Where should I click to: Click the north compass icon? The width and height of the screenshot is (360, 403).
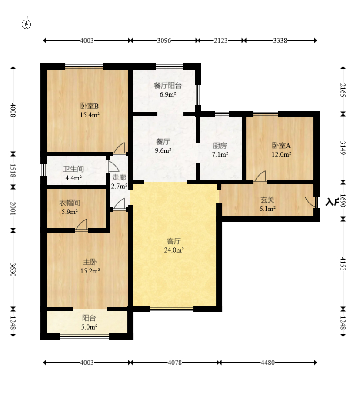pyautogui.click(x=26, y=24)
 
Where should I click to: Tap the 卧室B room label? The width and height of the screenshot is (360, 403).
pyautogui.click(x=90, y=106)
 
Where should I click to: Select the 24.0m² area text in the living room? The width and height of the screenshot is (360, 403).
pyautogui.click(x=174, y=250)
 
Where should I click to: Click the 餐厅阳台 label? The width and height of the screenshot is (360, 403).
pyautogui.click(x=167, y=85)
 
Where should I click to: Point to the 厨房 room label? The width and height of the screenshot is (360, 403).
pyautogui.click(x=220, y=146)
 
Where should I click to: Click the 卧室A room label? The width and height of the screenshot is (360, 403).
pyautogui.click(x=281, y=146)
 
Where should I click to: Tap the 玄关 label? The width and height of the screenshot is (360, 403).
pyautogui.click(x=267, y=200)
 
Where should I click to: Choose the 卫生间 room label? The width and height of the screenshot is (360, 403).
pyautogui.click(x=73, y=169)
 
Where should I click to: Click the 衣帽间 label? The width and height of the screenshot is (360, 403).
pyautogui.click(x=70, y=203)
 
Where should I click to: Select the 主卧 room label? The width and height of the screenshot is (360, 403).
pyautogui.click(x=90, y=262)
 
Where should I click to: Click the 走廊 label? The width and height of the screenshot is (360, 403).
pyautogui.click(x=119, y=177)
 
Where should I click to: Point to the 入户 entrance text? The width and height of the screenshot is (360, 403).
pyautogui.click(x=332, y=202)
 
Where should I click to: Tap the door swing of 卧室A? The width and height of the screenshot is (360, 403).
pyautogui.click(x=260, y=177)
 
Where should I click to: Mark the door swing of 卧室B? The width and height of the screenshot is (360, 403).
pyautogui.click(x=119, y=148)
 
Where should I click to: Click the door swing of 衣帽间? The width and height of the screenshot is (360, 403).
pyautogui.click(x=81, y=225)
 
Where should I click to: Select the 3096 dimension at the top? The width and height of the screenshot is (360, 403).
pyautogui.click(x=164, y=40)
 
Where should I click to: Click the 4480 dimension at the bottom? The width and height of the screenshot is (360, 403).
pyautogui.click(x=267, y=363)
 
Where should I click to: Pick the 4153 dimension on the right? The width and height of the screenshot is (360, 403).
pyautogui.click(x=343, y=264)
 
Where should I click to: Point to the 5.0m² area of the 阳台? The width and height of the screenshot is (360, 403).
pyautogui.click(x=89, y=327)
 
